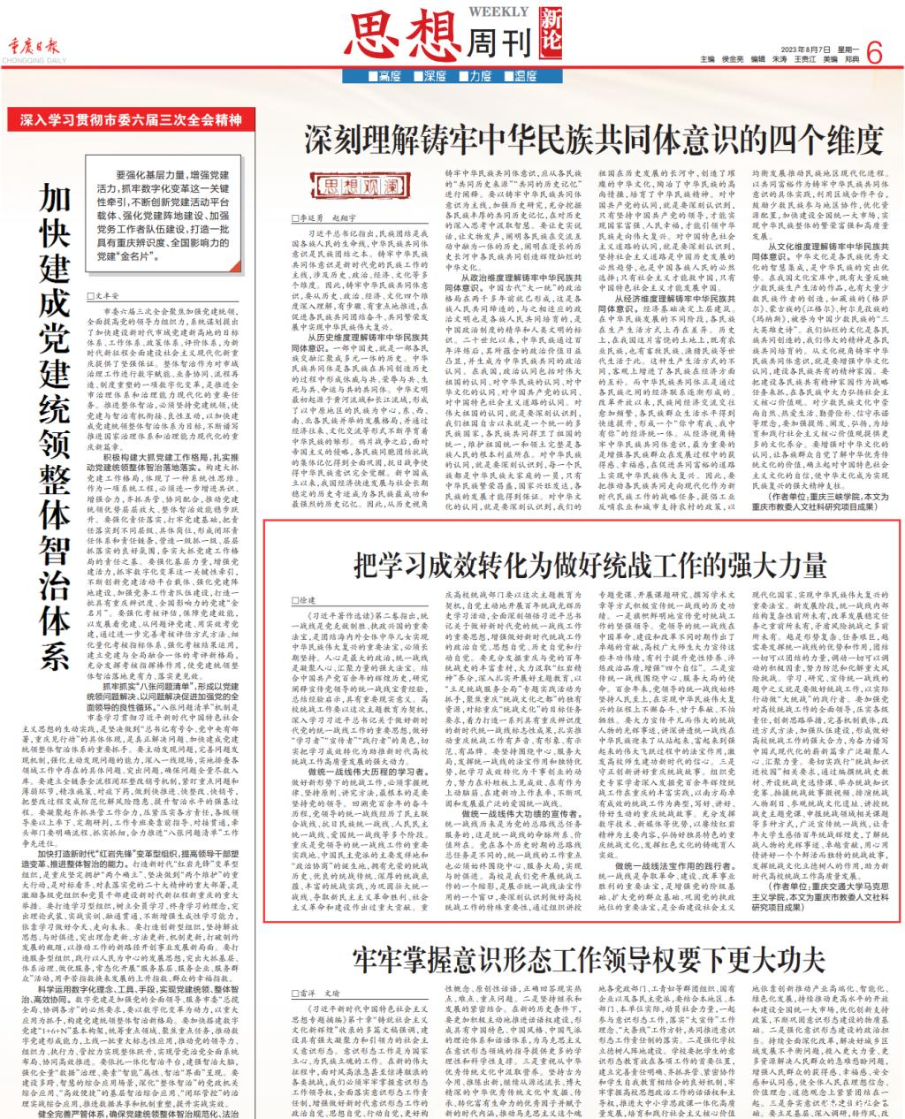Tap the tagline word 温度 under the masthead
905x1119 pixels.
coord(527,77)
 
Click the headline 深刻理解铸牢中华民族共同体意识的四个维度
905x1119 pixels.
coord(593,139)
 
